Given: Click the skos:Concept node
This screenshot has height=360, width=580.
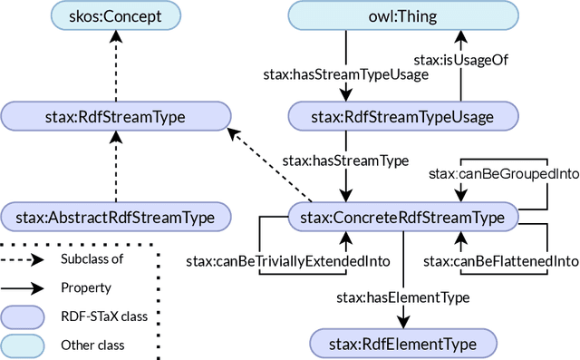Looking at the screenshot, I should click(x=112, y=15).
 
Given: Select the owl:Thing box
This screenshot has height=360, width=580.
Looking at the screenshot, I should click(x=402, y=15).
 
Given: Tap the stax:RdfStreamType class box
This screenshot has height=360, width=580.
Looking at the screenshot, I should click(x=112, y=115).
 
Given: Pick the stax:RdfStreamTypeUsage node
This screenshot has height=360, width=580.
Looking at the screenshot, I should click(x=402, y=115).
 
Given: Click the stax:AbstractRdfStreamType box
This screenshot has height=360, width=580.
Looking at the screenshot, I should click(x=114, y=217).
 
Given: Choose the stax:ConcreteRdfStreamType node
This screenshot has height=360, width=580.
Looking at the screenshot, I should click(x=402, y=217).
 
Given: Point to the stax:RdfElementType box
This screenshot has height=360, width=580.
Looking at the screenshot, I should click(x=402, y=342).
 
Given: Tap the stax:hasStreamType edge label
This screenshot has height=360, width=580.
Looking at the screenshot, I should click(x=345, y=161).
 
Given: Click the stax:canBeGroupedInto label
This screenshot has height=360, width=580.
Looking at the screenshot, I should click(x=502, y=172).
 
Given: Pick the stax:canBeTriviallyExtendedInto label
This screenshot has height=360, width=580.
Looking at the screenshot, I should click(x=287, y=261).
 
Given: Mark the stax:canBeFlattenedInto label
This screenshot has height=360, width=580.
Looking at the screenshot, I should click(x=501, y=261).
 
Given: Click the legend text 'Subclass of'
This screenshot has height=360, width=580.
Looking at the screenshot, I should click(x=91, y=258).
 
